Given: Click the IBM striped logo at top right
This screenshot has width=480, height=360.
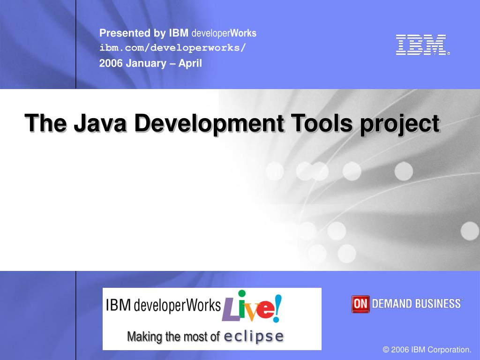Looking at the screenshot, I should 421,45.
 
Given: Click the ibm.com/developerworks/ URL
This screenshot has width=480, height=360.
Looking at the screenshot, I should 172,48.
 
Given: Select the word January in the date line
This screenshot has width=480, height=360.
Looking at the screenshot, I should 146,63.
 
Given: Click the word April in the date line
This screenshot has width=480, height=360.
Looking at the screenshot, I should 190,63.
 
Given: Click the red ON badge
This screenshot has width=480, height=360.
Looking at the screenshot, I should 360,304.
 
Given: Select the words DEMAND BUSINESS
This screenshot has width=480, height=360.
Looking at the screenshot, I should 416,304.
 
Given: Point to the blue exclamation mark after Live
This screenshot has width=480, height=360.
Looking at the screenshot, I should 277,307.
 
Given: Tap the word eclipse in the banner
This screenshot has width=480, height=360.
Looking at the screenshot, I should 254,337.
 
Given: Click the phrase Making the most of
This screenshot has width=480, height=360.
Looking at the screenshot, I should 173,337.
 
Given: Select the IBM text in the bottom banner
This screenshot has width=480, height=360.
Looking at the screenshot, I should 118,306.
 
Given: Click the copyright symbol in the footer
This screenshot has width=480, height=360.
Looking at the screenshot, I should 386,350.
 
